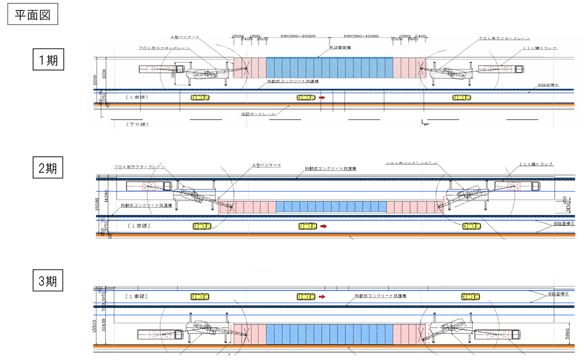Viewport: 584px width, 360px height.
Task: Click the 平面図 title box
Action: point(33,14)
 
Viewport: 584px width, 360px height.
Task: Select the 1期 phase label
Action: point(48,60)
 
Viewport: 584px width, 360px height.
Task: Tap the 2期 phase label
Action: point(48,168)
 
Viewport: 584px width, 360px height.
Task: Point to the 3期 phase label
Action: point(48,281)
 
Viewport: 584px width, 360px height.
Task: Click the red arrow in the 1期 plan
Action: point(322,98)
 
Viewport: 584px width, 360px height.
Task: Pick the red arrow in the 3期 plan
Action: point(322,297)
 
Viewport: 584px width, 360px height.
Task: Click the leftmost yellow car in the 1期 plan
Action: point(200,98)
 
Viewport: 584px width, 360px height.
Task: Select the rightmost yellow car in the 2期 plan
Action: point(471,226)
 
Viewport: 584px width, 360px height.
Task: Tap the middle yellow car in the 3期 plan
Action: point(306,297)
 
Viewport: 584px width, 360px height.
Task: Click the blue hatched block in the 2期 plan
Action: point(331,207)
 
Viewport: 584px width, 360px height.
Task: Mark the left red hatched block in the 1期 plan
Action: point(250,68)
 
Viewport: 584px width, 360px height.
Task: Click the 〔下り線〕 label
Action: point(137,125)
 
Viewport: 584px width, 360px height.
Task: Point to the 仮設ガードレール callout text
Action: point(258,114)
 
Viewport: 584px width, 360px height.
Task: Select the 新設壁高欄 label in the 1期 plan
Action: point(340,47)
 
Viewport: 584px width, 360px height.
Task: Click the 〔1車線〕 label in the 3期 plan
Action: point(136,297)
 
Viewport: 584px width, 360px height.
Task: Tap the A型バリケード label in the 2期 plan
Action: point(267,165)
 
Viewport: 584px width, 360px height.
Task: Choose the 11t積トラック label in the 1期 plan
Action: point(540,48)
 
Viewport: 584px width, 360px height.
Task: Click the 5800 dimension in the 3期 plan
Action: point(567,334)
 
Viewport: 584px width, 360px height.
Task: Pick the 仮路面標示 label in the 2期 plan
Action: point(564,224)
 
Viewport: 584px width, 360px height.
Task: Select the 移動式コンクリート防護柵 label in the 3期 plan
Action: point(380,296)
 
